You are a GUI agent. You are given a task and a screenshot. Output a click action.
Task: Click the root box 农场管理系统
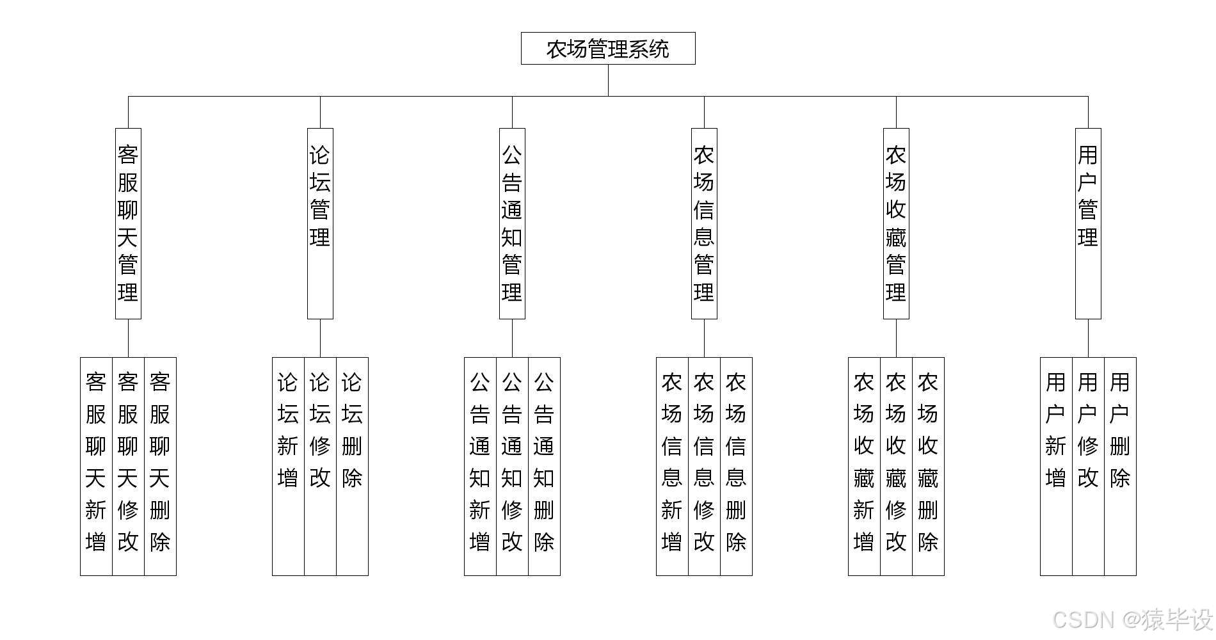pos(608,49)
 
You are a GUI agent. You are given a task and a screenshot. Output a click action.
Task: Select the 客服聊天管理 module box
pos(128,223)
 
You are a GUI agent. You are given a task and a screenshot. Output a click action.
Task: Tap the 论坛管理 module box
pos(320,223)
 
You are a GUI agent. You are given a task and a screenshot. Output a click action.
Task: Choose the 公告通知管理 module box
pos(512,223)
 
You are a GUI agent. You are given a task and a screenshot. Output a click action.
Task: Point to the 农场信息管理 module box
pos(704,223)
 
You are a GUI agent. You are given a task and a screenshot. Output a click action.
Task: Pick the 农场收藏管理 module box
pos(896,223)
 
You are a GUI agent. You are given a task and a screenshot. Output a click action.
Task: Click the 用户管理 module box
pos(1088,223)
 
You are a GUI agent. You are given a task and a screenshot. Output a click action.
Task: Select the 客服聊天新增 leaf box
pos(96,466)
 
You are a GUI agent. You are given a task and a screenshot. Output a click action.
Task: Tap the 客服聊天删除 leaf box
pos(160,466)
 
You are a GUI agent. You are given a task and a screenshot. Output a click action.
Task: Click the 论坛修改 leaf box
pos(320,466)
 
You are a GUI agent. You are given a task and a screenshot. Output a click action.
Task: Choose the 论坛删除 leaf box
pos(352,466)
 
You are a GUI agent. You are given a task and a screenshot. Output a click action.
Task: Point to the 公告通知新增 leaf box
pos(480,466)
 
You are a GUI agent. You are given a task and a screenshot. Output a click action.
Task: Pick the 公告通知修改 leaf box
pos(512,466)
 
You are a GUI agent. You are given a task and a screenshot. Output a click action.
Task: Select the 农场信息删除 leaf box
pos(736,466)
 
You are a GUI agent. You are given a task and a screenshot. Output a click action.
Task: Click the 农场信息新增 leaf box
pos(672,466)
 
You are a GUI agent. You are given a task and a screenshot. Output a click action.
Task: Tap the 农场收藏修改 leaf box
pos(896,466)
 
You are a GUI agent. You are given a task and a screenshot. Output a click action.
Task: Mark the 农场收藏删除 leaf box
pos(928,466)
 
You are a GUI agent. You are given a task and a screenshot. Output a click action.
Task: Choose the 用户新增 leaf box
pos(1056,466)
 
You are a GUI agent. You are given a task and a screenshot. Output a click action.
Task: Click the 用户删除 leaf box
pos(1120,466)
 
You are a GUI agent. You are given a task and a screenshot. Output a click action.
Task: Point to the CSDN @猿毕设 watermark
pos(1132,620)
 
